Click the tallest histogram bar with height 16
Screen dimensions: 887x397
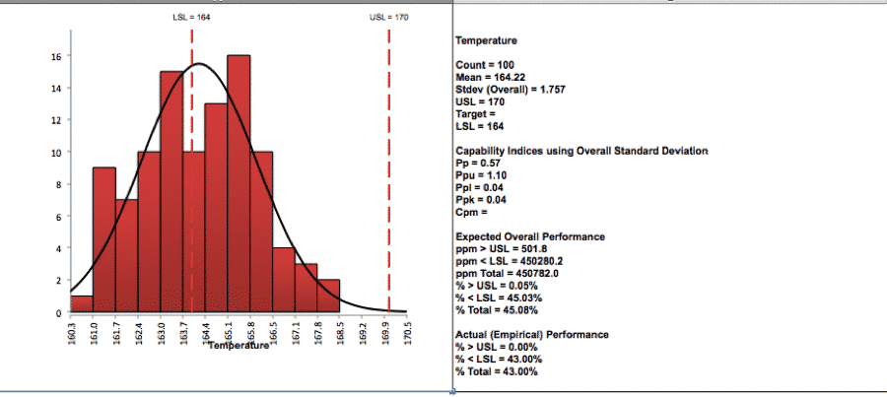pyautogui.click(x=239, y=183)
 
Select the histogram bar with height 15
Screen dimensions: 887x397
pyautogui.click(x=171, y=191)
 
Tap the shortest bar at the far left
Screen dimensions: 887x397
pyautogui.click(x=82, y=303)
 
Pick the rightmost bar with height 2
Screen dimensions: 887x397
pyautogui.click(x=328, y=296)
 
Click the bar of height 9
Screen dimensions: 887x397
pyautogui.click(x=104, y=239)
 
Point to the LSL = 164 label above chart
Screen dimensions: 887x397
pyautogui.click(x=191, y=18)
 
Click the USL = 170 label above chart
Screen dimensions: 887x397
pyautogui.click(x=389, y=18)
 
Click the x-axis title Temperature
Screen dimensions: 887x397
pyautogui.click(x=239, y=345)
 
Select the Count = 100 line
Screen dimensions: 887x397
pyautogui.click(x=484, y=65)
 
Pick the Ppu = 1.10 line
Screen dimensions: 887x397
pyautogui.click(x=481, y=175)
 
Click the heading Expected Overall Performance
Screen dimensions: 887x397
pyautogui.click(x=530, y=236)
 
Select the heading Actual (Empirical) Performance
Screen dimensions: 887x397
pyautogui.click(x=532, y=334)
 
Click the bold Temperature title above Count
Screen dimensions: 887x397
pyautogui.click(x=486, y=40)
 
